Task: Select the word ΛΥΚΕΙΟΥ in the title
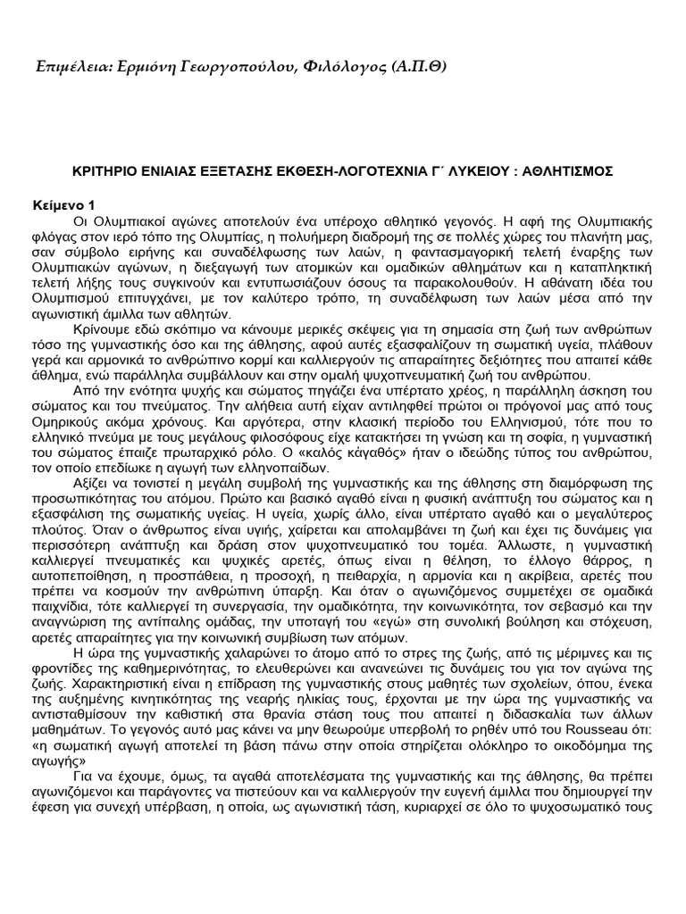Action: pyautogui.click(x=455, y=170)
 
